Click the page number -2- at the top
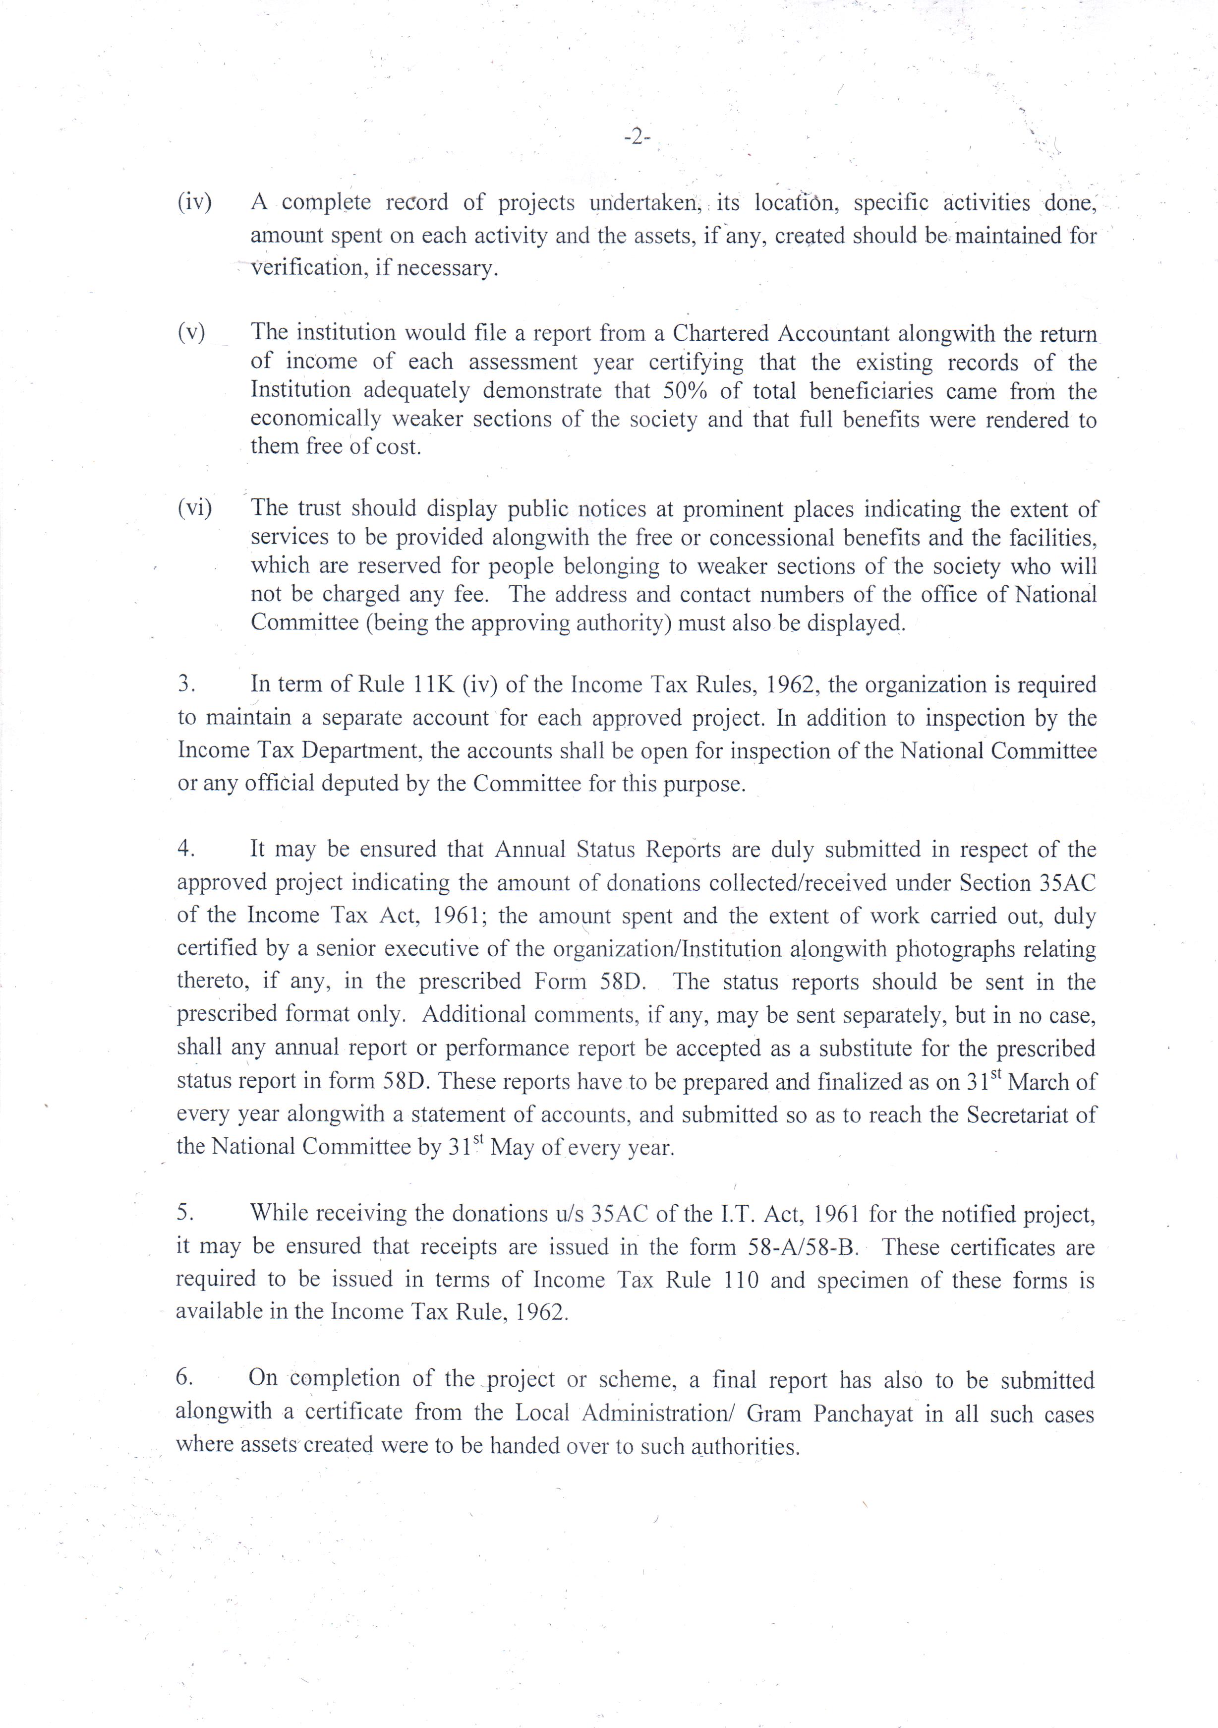[637, 138]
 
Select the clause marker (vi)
[195, 508]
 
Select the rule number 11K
[432, 684]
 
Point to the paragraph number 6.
[185, 1377]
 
